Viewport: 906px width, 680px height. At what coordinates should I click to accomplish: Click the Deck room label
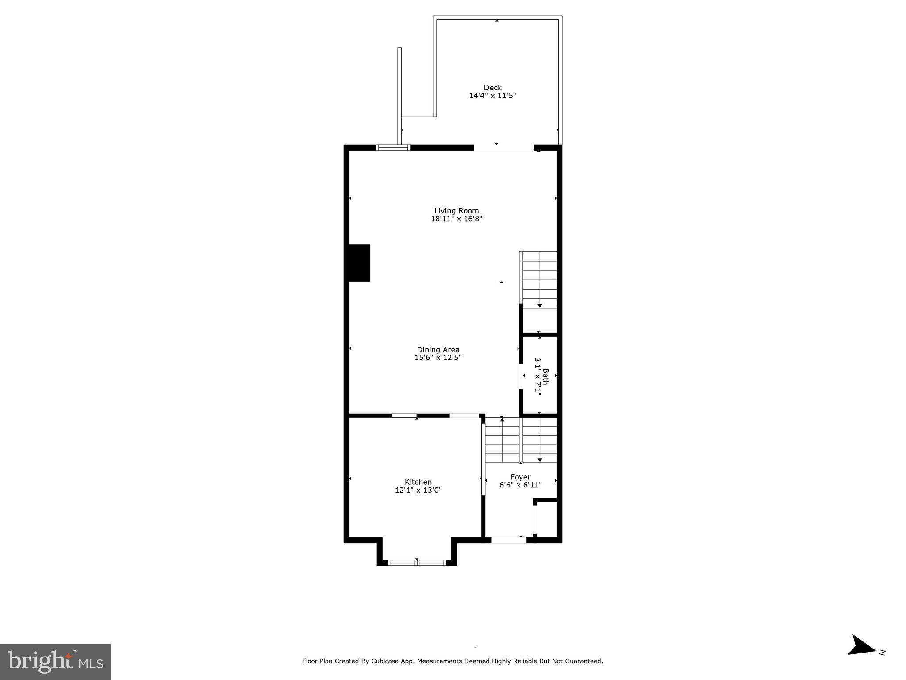pos(492,88)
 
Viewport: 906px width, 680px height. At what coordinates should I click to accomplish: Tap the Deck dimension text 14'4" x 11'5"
pos(492,96)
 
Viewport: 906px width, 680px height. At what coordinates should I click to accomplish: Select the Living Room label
pos(456,211)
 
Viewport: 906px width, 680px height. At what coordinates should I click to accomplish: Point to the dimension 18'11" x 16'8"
pos(456,219)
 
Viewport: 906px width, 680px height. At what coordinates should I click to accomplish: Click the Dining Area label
pos(438,350)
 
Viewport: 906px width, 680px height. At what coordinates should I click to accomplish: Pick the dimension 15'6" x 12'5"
pos(438,358)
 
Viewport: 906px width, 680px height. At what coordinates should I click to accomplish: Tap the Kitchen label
pos(418,482)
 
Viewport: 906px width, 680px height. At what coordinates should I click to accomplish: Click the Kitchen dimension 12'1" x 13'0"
pos(418,490)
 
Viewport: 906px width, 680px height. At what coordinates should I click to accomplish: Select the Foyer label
pos(520,477)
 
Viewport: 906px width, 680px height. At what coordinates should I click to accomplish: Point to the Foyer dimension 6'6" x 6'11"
pos(520,485)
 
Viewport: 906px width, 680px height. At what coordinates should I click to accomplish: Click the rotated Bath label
pos(545,377)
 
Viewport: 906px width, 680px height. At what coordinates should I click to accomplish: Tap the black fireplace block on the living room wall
pos(359,263)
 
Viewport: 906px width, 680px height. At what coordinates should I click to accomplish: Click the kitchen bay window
pos(417,563)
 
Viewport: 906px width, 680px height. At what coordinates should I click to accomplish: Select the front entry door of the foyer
pos(509,540)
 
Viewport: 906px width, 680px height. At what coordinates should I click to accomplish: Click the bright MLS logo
pos(55,661)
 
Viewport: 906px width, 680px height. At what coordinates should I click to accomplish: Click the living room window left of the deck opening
pos(393,147)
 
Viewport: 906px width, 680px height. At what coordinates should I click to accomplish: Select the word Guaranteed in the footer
pos(584,661)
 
